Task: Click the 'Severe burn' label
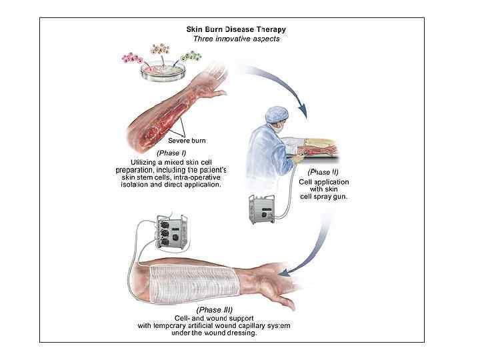pyautogui.click(x=187, y=141)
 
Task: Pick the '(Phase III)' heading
pyautogui.click(x=215, y=311)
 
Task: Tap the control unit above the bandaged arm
pyautogui.click(x=169, y=234)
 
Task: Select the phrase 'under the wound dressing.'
pyautogui.click(x=215, y=333)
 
